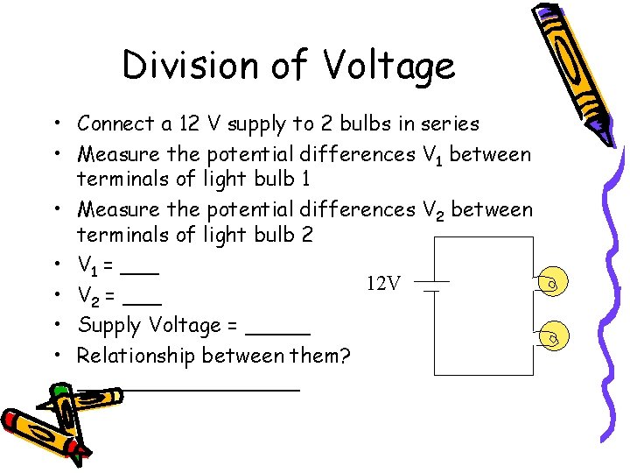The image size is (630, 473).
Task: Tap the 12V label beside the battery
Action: [x=383, y=283]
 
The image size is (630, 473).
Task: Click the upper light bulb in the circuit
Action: [x=551, y=284]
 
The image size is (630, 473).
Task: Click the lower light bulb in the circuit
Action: [x=551, y=336]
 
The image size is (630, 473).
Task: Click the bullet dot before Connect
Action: [x=55, y=124]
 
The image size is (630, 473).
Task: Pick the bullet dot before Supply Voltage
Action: [x=55, y=326]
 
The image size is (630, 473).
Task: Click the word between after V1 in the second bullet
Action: [x=490, y=154]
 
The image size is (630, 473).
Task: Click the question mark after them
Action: [x=344, y=356]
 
